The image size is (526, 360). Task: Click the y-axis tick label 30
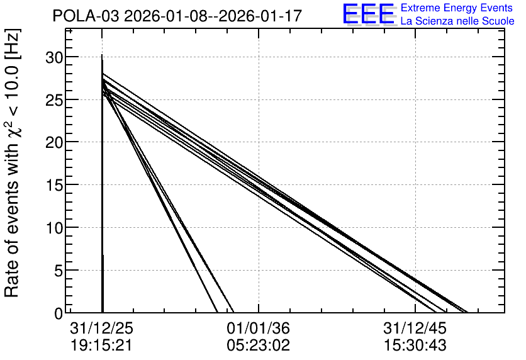[54, 58]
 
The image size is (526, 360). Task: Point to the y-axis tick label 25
[54, 100]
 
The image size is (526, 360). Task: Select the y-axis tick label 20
[54, 143]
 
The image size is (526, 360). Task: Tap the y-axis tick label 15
[54, 185]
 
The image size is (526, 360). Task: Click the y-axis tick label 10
[54, 228]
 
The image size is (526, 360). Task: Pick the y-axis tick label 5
[59, 271]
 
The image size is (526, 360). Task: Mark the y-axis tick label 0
[59, 313]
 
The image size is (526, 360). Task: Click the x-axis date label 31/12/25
[102, 328]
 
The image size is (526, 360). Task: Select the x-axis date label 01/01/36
[259, 328]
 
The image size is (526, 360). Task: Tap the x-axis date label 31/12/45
[415, 328]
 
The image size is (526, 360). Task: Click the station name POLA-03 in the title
[86, 16]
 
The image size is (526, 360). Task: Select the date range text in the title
[213, 16]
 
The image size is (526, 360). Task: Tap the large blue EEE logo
[369, 14]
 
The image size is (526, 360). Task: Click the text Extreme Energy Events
[457, 8]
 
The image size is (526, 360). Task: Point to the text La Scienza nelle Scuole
[457, 21]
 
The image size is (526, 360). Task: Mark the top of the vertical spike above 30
[102, 55]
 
